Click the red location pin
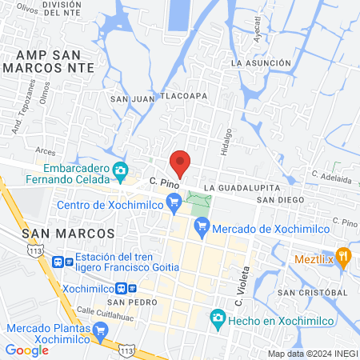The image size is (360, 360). point(181,162)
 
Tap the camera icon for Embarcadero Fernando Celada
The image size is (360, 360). point(121,170)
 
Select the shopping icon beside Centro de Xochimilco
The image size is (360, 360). point(175,206)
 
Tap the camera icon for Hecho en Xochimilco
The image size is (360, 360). point(217,318)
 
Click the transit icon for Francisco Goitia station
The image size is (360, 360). point(58,262)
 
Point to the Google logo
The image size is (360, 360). point(27,350)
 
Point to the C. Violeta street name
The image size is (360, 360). point(238,292)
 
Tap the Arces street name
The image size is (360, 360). point(45,150)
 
